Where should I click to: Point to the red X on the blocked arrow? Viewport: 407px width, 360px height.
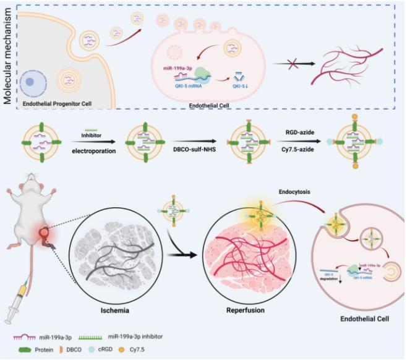click(x=285, y=64)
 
